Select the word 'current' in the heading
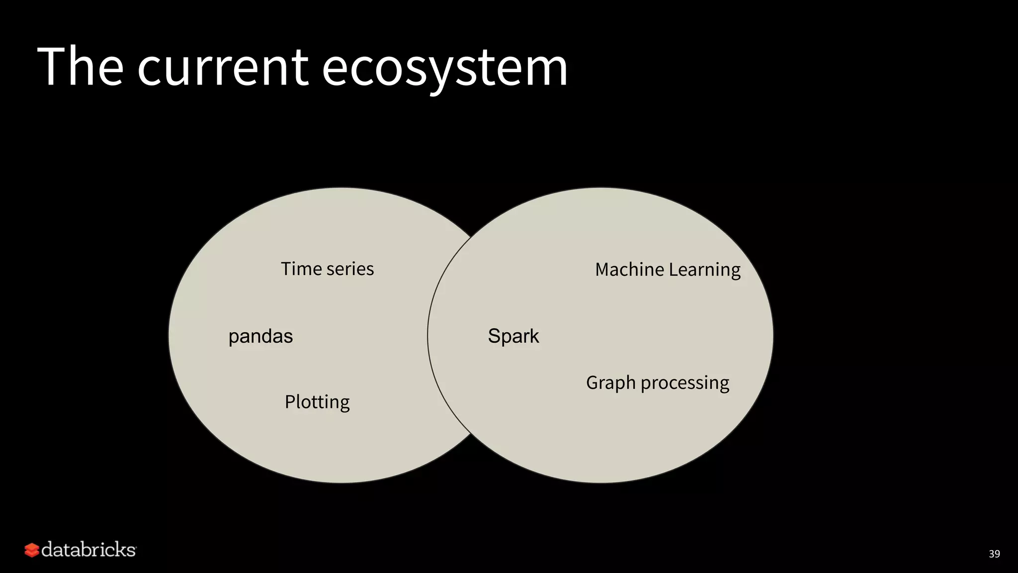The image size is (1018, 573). click(223, 68)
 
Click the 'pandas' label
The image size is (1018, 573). click(260, 337)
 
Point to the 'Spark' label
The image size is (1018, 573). click(513, 336)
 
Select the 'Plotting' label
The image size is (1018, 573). click(317, 402)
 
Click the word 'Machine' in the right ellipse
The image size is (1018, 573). click(629, 270)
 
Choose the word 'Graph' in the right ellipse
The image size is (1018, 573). click(611, 383)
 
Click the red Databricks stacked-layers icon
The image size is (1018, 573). click(32, 550)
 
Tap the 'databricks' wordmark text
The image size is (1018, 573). click(88, 550)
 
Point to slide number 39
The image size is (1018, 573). click(994, 554)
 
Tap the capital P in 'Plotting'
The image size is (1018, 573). click(290, 401)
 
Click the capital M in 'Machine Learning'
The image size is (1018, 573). click(603, 270)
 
